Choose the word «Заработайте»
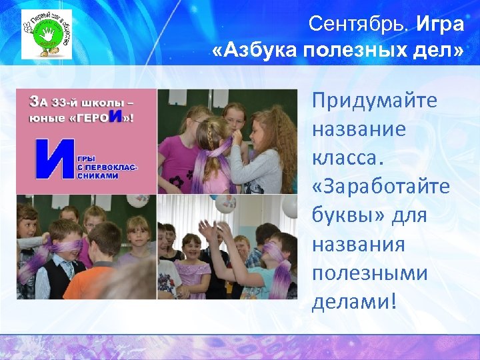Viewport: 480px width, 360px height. click(380, 186)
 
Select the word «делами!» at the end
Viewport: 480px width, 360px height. click(354, 301)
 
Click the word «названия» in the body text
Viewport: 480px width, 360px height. click(358, 244)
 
